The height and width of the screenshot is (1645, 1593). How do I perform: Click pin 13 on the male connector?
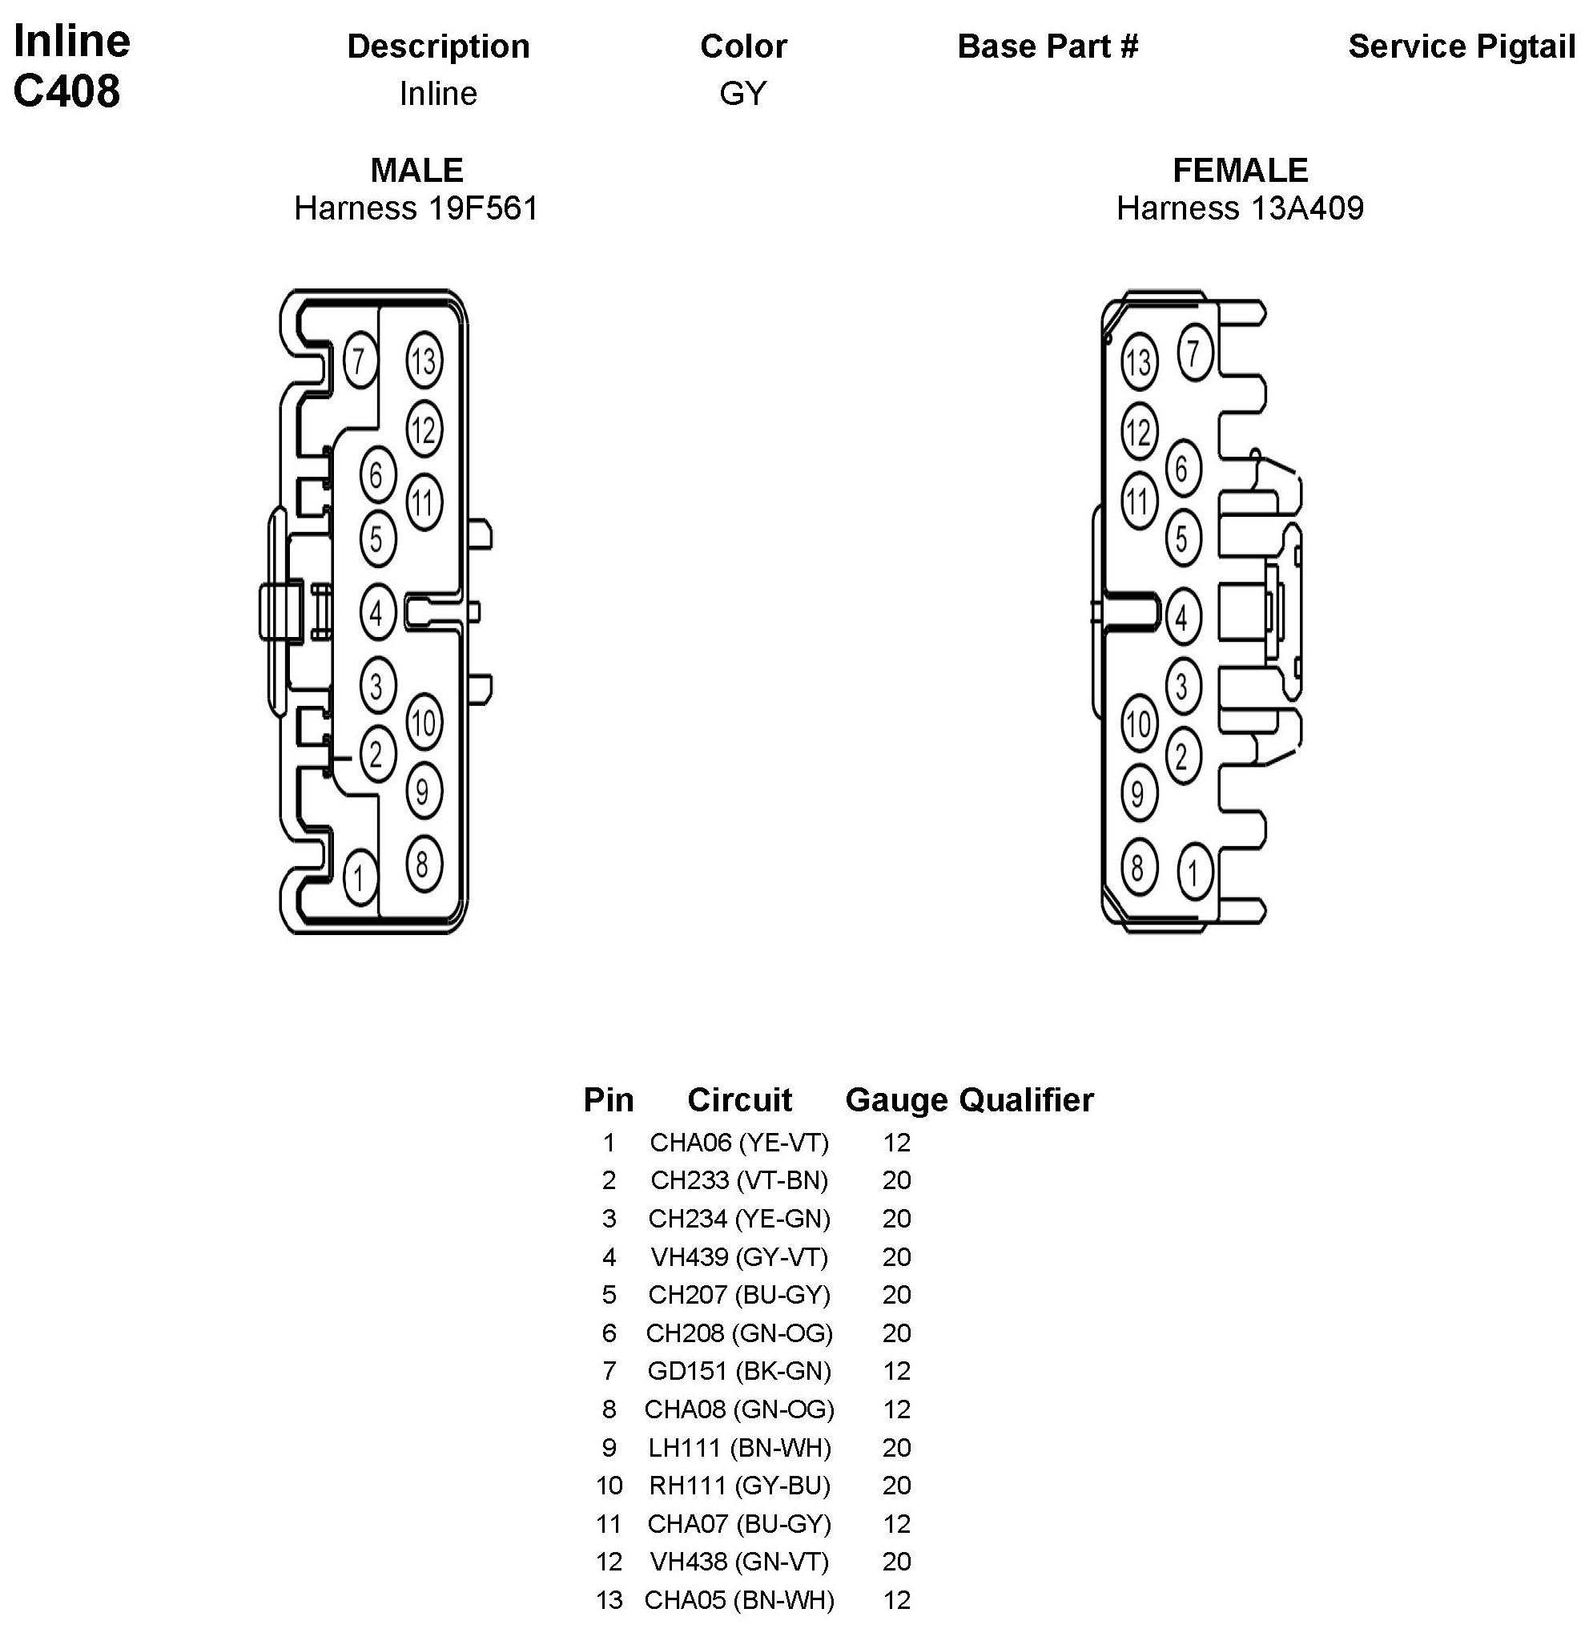click(x=424, y=361)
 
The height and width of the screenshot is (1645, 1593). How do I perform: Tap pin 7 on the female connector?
click(x=1193, y=353)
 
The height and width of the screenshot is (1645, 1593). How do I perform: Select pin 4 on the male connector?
click(x=376, y=613)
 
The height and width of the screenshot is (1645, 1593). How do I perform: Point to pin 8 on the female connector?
click(x=1138, y=866)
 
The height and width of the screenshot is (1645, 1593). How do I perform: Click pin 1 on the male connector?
click(x=360, y=878)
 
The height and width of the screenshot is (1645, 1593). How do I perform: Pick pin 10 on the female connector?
click(x=1138, y=724)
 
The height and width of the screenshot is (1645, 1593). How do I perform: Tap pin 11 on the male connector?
click(x=424, y=502)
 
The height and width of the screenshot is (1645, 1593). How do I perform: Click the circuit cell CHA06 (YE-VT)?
click(x=739, y=1143)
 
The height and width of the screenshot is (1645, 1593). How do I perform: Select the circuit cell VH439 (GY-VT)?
click(x=739, y=1256)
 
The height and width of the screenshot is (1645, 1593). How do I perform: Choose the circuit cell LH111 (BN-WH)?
click(x=739, y=1447)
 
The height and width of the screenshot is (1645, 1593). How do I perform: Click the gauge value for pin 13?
click(x=896, y=1599)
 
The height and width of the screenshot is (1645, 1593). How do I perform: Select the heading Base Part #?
click(x=1048, y=47)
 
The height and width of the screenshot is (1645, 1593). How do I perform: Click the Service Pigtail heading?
click(x=1462, y=47)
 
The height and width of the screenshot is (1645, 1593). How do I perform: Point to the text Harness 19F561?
click(x=416, y=208)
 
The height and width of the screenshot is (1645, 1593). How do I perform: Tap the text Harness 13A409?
click(x=1240, y=208)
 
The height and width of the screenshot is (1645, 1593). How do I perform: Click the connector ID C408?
click(x=67, y=91)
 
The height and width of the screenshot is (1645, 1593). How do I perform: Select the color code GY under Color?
click(x=743, y=93)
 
